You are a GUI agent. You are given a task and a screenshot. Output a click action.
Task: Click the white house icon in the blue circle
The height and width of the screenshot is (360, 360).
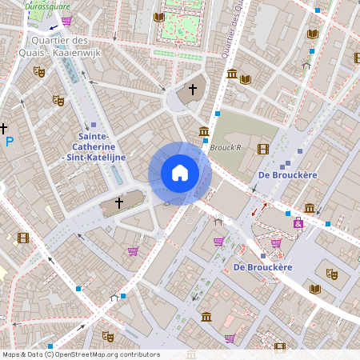point(180,173)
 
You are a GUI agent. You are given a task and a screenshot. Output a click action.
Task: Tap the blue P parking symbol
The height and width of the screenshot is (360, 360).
point(10,142)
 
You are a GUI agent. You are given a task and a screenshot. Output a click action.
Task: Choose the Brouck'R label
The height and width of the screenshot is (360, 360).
point(226,147)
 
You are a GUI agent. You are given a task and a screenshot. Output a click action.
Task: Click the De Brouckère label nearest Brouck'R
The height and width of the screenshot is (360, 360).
point(288,174)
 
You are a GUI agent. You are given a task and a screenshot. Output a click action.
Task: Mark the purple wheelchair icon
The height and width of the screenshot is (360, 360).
point(298,224)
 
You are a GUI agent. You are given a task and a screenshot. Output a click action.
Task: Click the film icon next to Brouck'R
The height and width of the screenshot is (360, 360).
point(263,148)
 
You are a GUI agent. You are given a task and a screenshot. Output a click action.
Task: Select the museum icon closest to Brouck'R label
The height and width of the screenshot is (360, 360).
point(204,131)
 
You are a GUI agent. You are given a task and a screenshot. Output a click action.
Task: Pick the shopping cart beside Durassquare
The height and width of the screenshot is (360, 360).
point(66,21)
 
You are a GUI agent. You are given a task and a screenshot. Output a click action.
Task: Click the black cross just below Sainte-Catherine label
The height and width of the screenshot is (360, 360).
point(119,203)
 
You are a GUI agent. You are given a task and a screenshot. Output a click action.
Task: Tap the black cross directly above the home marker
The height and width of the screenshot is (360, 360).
point(192,90)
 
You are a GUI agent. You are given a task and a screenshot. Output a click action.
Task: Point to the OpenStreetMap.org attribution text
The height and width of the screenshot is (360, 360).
point(80,354)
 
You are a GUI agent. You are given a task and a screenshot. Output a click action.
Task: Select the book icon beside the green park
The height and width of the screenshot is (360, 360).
point(158,17)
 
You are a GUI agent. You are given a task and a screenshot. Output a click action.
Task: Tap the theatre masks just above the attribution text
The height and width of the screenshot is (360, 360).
point(108,337)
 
